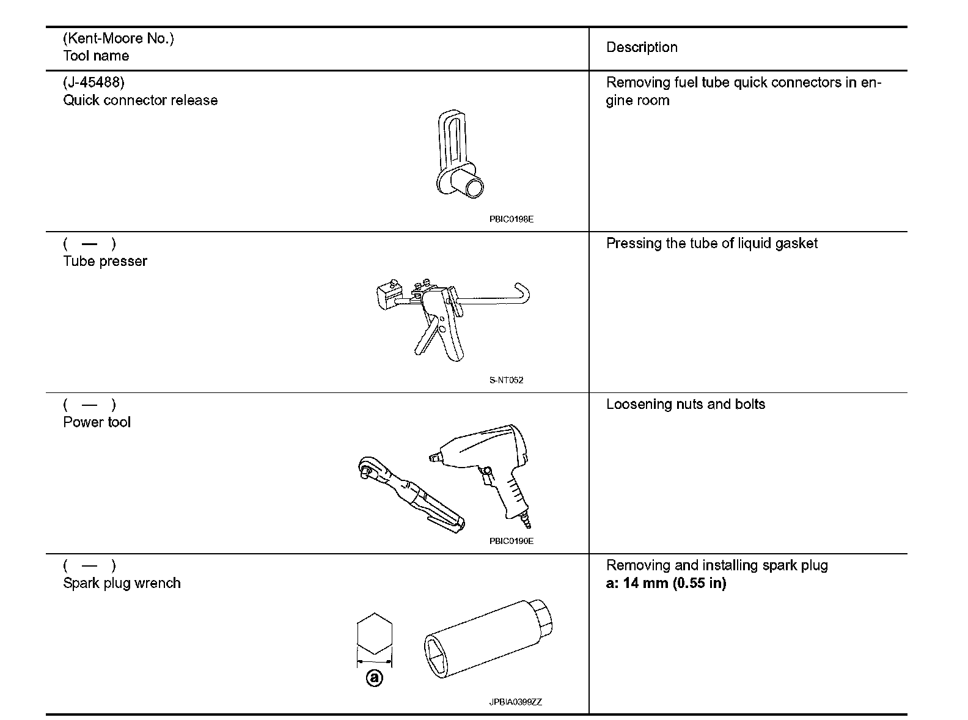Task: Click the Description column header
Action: [x=642, y=48]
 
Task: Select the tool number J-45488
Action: [x=94, y=83]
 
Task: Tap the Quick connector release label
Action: [x=140, y=100]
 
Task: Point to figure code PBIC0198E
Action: [x=511, y=219]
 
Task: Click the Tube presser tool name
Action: [x=105, y=261]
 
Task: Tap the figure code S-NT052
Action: [x=506, y=380]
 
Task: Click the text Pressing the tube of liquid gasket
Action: [x=711, y=243]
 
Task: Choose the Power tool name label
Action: [x=97, y=422]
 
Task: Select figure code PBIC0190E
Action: [x=511, y=541]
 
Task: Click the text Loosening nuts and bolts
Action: [x=685, y=404]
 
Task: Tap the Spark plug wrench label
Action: [x=122, y=583]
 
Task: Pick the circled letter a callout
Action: [x=374, y=678]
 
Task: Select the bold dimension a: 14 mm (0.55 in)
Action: [x=665, y=583]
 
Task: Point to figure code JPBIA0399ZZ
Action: [x=515, y=702]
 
